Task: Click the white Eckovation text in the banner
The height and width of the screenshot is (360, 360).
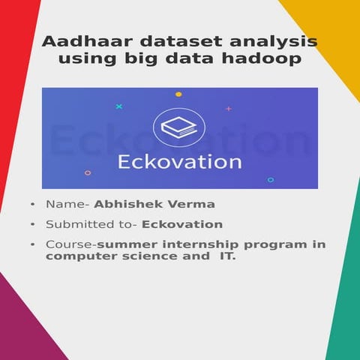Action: click(x=179, y=161)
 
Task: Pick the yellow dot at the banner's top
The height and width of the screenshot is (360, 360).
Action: click(x=178, y=94)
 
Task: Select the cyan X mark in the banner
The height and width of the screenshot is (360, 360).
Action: click(x=118, y=107)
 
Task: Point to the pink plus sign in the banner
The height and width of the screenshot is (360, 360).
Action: click(x=229, y=109)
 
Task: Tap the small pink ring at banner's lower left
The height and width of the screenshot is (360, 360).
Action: click(x=88, y=172)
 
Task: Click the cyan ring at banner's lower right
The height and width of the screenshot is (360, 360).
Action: click(x=271, y=180)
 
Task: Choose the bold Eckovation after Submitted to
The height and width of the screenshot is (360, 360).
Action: click(x=182, y=224)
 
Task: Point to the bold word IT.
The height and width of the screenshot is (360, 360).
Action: click(x=226, y=257)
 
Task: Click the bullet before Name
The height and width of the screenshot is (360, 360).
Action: click(x=32, y=204)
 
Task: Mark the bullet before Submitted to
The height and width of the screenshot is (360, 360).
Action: click(x=32, y=224)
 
